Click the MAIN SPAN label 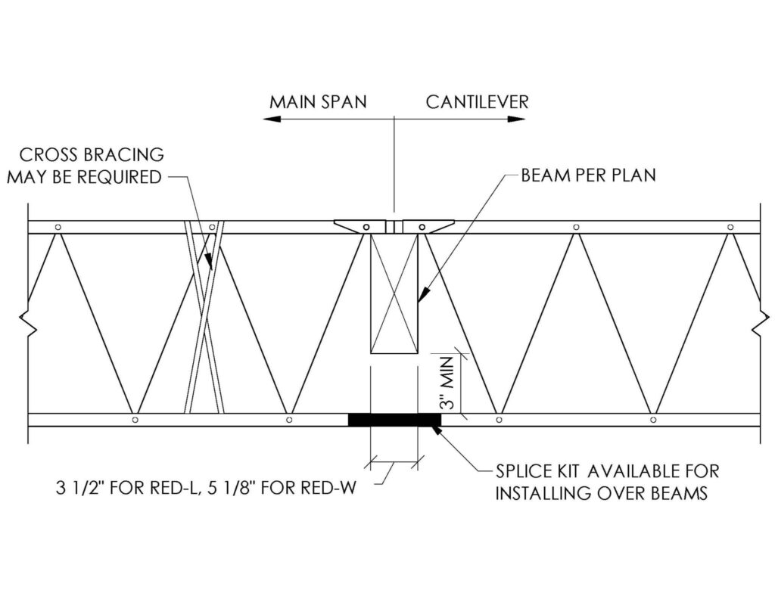click(x=318, y=102)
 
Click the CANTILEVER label click(x=477, y=102)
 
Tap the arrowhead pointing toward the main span click(x=272, y=119)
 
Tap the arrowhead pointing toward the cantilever click(x=516, y=119)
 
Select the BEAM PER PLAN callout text click(x=588, y=175)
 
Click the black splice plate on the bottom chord click(x=394, y=420)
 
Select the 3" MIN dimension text click(x=447, y=383)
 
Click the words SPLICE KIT click(x=537, y=472)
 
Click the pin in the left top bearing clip click(x=366, y=227)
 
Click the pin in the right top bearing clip click(x=422, y=227)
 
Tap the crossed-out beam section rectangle click(x=394, y=293)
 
